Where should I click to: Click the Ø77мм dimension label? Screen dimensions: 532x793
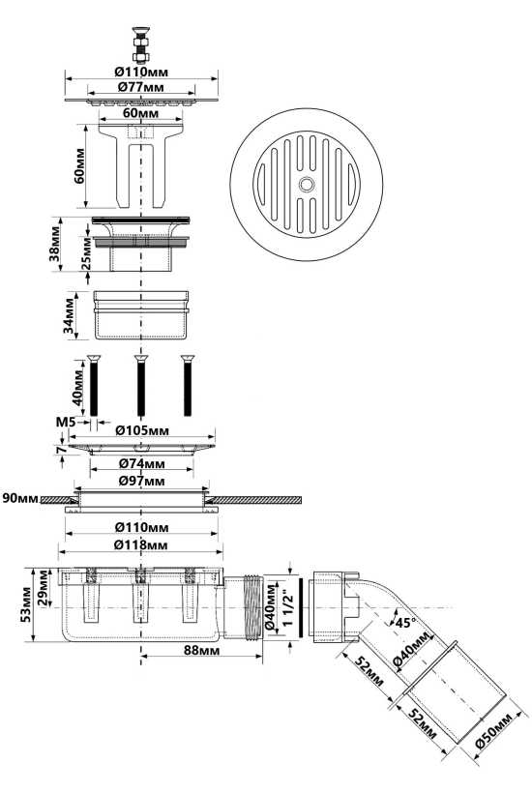tap(141, 87)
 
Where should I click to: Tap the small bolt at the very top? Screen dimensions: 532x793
tap(141, 43)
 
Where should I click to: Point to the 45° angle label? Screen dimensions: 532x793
tap(405, 623)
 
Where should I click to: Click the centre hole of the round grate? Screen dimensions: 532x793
tap(305, 184)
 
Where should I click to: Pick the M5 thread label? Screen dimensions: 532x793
tap(66, 421)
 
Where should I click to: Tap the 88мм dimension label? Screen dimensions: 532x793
tap(202, 651)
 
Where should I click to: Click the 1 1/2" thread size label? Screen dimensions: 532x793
tap(289, 608)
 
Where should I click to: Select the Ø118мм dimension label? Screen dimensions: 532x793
tap(140, 545)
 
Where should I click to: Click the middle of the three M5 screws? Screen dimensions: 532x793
tap(140, 385)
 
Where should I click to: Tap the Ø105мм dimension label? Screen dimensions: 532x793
tap(142, 430)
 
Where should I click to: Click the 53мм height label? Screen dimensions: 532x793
tap(26, 604)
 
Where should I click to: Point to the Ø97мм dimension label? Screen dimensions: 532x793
tap(141, 481)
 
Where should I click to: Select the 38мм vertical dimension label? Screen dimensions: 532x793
tap(54, 245)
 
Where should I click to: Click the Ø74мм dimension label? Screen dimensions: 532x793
tap(141, 463)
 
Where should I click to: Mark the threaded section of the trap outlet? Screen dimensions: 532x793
tap(253, 608)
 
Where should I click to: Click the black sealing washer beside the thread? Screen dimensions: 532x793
tap(302, 607)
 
